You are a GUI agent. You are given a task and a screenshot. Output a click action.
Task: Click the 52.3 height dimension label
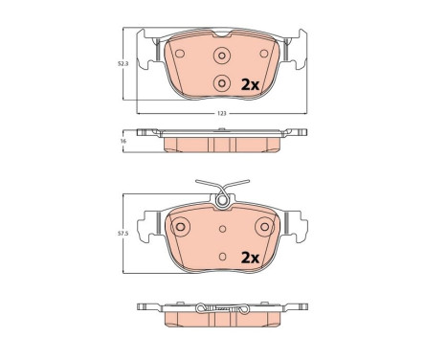[121, 64]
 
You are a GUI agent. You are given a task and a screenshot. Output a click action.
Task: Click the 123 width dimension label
[222, 114]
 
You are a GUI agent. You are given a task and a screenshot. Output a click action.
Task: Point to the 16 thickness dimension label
[122, 142]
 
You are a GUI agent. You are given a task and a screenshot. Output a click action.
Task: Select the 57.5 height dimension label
[121, 232]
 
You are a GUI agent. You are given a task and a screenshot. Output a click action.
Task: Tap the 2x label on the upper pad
[251, 84]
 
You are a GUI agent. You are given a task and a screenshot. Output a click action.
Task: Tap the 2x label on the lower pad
[251, 259]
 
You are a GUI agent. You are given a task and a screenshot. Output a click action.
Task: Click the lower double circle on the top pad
[222, 82]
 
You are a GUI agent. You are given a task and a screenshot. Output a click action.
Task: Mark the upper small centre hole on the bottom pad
[222, 229]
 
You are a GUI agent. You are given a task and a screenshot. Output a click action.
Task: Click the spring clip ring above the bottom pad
[222, 200]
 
